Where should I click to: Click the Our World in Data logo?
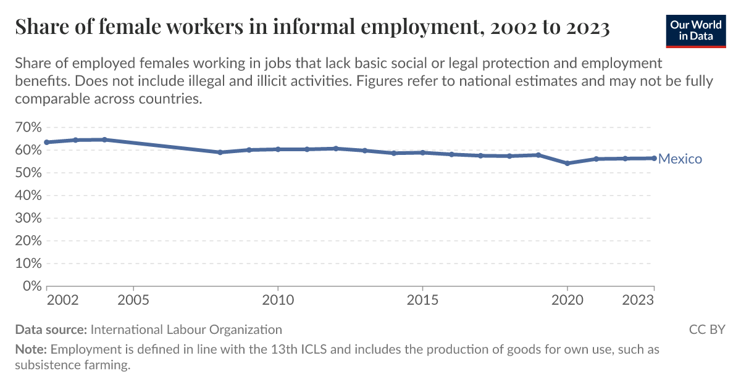[x=696, y=31]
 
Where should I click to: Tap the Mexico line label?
[x=680, y=159]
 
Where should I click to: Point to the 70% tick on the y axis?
[x=28, y=127]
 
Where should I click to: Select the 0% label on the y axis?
[x=32, y=286]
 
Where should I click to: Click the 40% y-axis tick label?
[x=28, y=196]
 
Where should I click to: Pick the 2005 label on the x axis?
[x=133, y=300]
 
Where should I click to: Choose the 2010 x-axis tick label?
[x=278, y=300]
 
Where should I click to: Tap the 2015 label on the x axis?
[x=422, y=300]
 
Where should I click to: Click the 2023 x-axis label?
[x=638, y=300]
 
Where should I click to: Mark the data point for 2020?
[x=567, y=164]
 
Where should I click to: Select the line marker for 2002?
[x=47, y=142]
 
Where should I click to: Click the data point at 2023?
[x=654, y=159]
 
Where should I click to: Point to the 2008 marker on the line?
[x=220, y=152]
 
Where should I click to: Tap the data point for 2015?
[x=422, y=153]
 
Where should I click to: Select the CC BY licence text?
[x=707, y=330]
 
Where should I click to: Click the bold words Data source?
[x=51, y=330]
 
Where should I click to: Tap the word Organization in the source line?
[x=246, y=330]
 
